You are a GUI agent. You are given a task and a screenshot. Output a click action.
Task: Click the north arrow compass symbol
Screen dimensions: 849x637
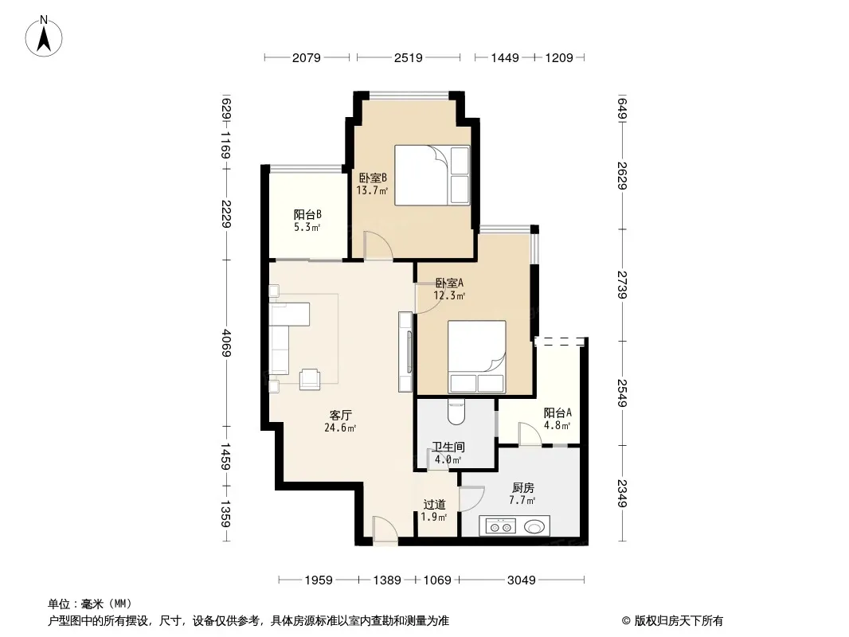coord(44,37)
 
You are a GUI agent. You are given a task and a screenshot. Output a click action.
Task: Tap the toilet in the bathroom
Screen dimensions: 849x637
coord(456,412)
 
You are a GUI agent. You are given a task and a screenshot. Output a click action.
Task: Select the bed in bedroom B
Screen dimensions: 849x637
coord(432,175)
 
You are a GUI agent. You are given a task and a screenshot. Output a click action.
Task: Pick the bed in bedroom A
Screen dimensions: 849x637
coord(476,357)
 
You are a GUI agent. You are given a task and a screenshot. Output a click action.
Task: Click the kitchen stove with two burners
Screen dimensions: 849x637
coord(499,526)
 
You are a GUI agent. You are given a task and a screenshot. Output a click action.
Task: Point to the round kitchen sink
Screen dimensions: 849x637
coord(534,526)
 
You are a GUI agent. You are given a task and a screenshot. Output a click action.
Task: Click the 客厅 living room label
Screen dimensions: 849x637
coord(341,415)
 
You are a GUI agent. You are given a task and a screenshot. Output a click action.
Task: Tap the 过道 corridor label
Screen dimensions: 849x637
coord(434,504)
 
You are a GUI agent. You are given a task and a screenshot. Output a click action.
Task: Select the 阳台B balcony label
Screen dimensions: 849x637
coord(307,214)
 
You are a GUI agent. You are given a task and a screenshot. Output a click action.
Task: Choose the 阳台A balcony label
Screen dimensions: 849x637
coord(558,413)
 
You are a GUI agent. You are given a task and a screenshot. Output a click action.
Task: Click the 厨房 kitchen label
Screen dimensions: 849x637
coord(522,487)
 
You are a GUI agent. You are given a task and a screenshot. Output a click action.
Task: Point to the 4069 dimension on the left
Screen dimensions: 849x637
coord(226,342)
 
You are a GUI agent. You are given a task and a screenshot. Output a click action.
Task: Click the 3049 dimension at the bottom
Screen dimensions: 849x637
coord(522,580)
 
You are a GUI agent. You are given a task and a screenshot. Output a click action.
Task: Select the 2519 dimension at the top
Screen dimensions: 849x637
coord(409,57)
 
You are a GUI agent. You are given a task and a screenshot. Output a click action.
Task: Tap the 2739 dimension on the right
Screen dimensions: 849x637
coord(622,285)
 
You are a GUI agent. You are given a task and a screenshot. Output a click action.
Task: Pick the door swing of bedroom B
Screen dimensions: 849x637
coord(378,246)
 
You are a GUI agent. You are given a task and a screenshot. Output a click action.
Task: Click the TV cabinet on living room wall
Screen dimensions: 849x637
coord(405,351)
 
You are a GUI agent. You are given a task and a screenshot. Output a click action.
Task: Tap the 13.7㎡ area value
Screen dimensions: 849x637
coord(372,190)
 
